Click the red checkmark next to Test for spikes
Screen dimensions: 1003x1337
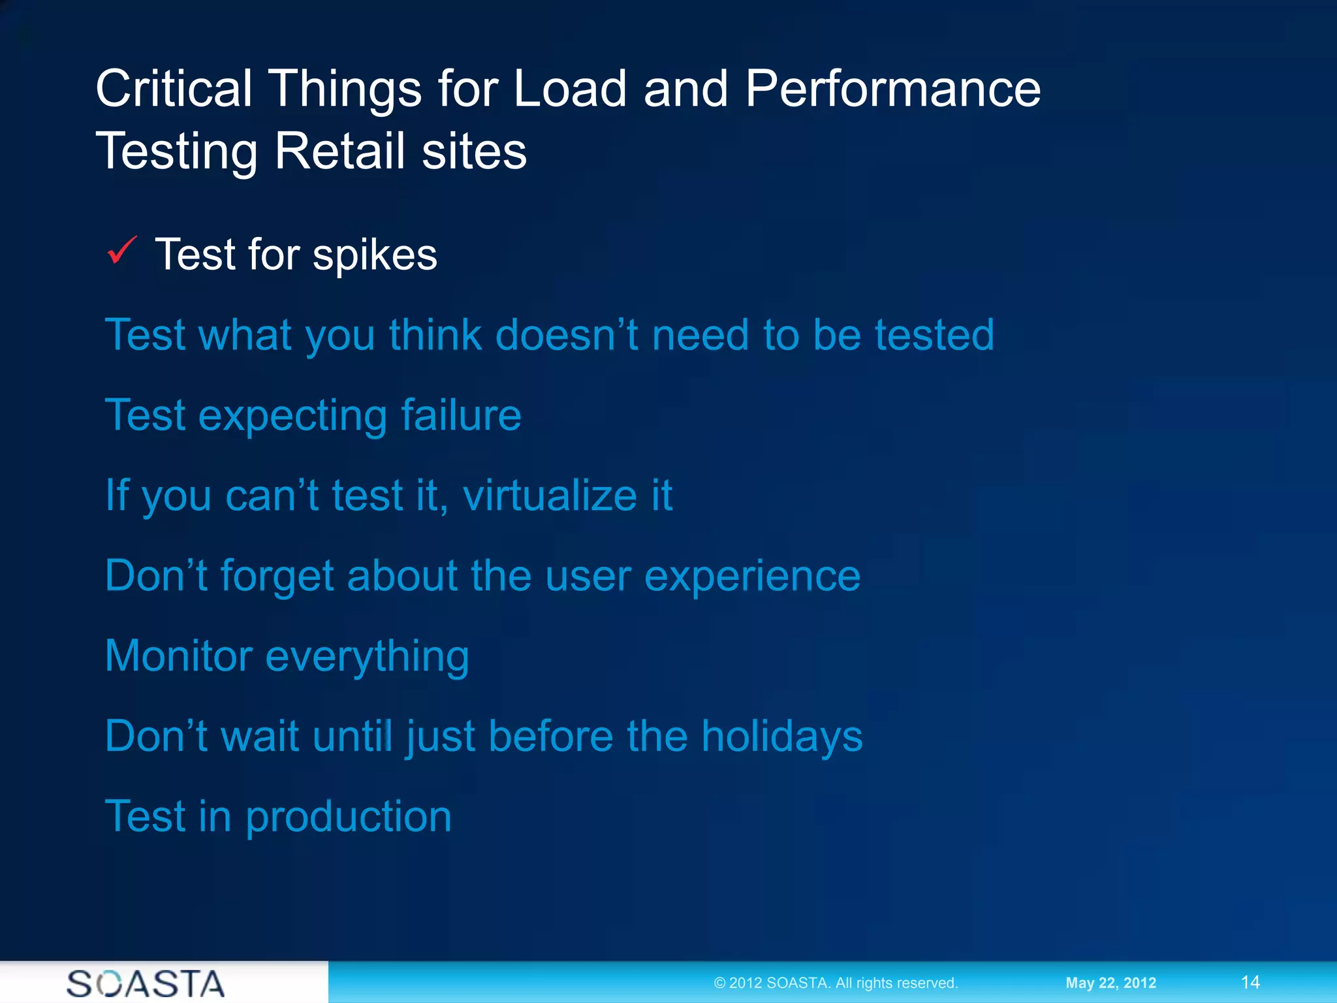[x=122, y=251]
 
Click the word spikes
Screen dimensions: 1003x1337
[x=375, y=256]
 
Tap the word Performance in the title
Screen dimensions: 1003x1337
[x=892, y=89]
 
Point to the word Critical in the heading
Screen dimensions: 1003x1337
[x=174, y=89]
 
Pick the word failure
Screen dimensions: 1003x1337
[x=461, y=415]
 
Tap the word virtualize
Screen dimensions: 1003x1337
[x=550, y=496]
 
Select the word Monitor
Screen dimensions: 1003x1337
[x=178, y=656]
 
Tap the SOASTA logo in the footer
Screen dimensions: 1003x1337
[x=146, y=983]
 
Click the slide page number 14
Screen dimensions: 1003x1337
[x=1250, y=982]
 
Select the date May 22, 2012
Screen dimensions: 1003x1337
[x=1110, y=983]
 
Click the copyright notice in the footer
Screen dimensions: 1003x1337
[x=836, y=983]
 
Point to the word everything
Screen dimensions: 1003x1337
[x=367, y=657]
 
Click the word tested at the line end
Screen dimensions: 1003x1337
[x=934, y=335]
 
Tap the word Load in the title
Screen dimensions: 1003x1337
[x=570, y=89]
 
